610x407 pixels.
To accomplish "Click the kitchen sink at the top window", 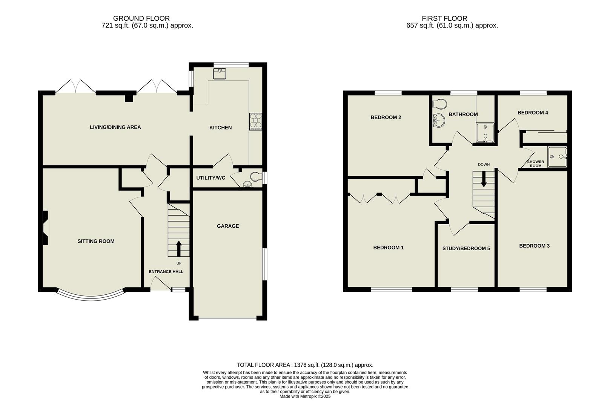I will (219, 74).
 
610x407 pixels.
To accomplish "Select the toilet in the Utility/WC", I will (256, 176).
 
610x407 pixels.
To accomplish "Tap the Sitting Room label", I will (96, 241).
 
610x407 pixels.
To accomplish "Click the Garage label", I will (227, 226).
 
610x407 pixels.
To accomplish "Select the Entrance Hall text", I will (166, 272).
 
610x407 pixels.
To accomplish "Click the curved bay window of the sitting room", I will (90, 296).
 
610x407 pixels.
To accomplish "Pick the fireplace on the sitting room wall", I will (45, 228).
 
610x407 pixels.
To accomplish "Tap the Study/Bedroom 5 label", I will (466, 248).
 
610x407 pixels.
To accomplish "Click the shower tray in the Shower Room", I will (557, 157).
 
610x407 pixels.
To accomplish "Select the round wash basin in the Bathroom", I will (439, 121).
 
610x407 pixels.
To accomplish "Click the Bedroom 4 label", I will (533, 113).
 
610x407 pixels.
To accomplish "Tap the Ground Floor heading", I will (141, 18).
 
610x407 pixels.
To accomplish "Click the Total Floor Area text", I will (305, 365).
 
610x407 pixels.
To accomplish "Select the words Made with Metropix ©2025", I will (305, 396).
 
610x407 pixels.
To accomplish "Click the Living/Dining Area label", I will (115, 127).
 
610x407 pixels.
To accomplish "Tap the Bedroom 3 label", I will (534, 246).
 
